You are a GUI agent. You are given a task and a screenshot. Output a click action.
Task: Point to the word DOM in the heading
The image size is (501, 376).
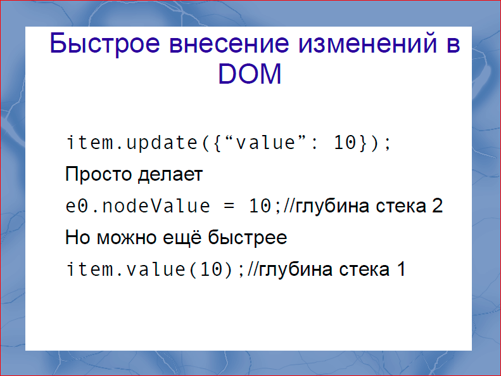point(250,75)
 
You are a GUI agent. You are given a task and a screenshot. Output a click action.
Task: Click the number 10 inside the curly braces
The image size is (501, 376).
point(345,143)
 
